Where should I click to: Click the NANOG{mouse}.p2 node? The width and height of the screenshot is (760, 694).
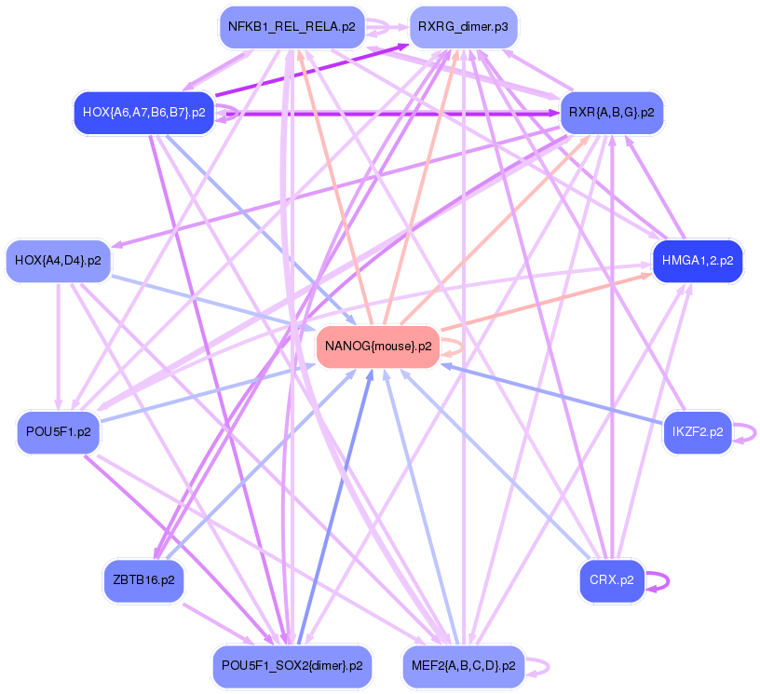pyautogui.click(x=377, y=347)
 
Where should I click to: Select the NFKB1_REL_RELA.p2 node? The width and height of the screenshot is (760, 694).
pyautogui.click(x=291, y=27)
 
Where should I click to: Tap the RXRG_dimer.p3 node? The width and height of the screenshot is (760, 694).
pyautogui.click(x=462, y=27)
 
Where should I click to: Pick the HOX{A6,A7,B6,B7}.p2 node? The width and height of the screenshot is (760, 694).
pyautogui.click(x=143, y=113)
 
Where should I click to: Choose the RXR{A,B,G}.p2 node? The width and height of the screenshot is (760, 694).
pyautogui.click(x=611, y=113)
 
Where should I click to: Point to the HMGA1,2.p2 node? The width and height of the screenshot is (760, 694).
pyautogui.click(x=698, y=261)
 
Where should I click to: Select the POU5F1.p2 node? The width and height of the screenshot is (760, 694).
pyautogui.click(x=58, y=432)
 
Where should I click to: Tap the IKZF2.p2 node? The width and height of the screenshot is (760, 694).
pyautogui.click(x=697, y=432)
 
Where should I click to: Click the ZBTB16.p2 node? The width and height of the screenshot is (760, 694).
pyautogui.click(x=142, y=579)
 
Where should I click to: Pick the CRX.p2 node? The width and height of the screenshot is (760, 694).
pyautogui.click(x=611, y=579)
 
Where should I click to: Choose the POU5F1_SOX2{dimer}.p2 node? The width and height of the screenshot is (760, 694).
pyautogui.click(x=292, y=666)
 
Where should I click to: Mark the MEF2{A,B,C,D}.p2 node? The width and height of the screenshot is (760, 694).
pyautogui.click(x=463, y=666)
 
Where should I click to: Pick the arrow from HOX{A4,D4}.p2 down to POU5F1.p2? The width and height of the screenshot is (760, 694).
pyautogui.click(x=58, y=345)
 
